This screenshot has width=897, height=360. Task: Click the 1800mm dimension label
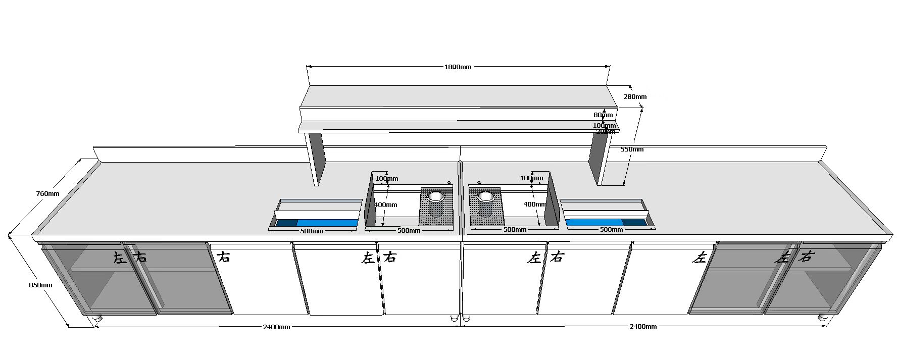(458, 67)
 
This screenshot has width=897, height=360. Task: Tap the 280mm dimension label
(635, 96)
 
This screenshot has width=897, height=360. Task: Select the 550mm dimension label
(631, 149)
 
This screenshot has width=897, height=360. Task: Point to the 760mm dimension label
(47, 193)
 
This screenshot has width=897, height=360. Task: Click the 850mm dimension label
(40, 285)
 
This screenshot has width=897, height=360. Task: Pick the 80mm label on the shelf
(603, 115)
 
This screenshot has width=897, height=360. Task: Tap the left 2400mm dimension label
(276, 327)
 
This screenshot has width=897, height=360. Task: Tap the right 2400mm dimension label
(643, 326)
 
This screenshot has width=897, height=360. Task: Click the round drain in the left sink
(436, 196)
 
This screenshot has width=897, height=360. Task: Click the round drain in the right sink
(486, 196)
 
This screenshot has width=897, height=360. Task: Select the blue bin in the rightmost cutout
(594, 222)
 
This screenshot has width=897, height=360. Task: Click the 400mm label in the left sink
(385, 204)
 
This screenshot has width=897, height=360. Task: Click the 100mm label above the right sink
(531, 178)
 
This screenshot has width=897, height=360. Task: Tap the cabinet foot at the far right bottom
(822, 317)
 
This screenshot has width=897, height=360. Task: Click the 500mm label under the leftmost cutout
(312, 231)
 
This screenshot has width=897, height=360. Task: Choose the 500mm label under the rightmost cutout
(611, 230)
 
